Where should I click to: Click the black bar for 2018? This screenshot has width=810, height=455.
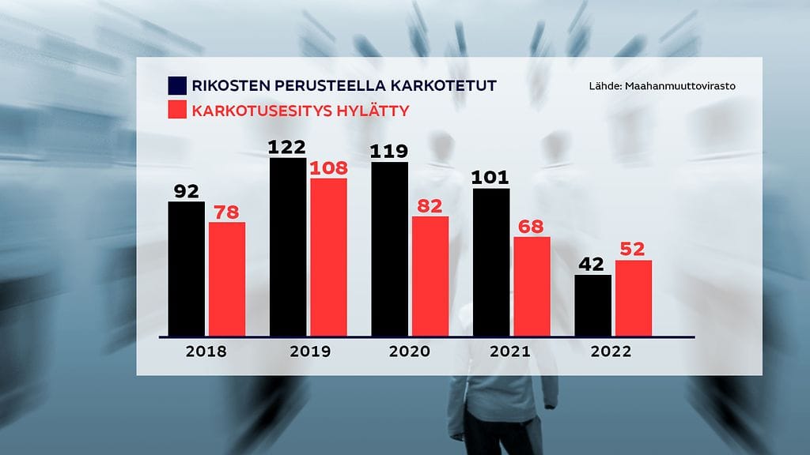[x=186, y=269]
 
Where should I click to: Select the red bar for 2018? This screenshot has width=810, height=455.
[x=227, y=279]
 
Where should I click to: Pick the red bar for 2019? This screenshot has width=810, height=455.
[x=328, y=257]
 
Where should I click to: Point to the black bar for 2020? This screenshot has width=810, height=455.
[x=389, y=249]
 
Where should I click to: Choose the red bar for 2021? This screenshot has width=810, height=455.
[x=532, y=286]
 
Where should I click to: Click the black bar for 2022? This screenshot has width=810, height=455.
[x=592, y=305]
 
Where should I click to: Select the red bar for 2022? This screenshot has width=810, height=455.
[x=634, y=298]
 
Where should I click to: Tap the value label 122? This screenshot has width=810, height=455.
[x=288, y=148]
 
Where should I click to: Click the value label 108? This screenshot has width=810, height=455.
[x=328, y=167]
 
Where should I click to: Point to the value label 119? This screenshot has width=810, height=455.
[x=389, y=151]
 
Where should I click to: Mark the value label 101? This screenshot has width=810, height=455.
[x=491, y=177]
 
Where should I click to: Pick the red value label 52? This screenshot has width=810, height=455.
[x=634, y=250]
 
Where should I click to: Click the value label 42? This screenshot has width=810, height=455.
[x=592, y=265]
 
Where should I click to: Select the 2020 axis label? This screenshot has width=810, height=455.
[x=410, y=352]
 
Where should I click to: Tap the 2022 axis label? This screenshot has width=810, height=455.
[x=611, y=352]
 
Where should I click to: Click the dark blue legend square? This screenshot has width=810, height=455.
[x=176, y=86]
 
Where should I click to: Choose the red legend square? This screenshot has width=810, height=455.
[x=176, y=111]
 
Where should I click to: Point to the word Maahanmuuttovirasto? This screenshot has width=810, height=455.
[x=679, y=86]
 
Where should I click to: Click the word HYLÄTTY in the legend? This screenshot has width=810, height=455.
[x=377, y=111]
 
